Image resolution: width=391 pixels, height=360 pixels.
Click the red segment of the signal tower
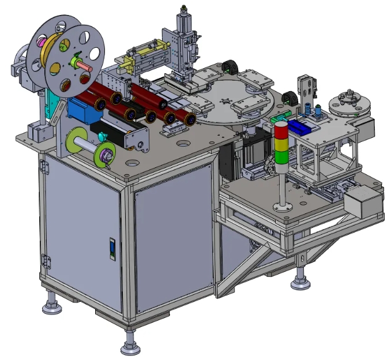click(x=281, y=131)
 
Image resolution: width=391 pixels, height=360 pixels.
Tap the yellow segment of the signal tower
click(x=281, y=144)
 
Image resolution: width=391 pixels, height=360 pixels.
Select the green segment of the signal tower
click(x=281, y=156)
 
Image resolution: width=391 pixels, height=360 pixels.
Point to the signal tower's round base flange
click(x=283, y=206)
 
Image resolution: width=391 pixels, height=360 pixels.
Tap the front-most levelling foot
click(x=130, y=346)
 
